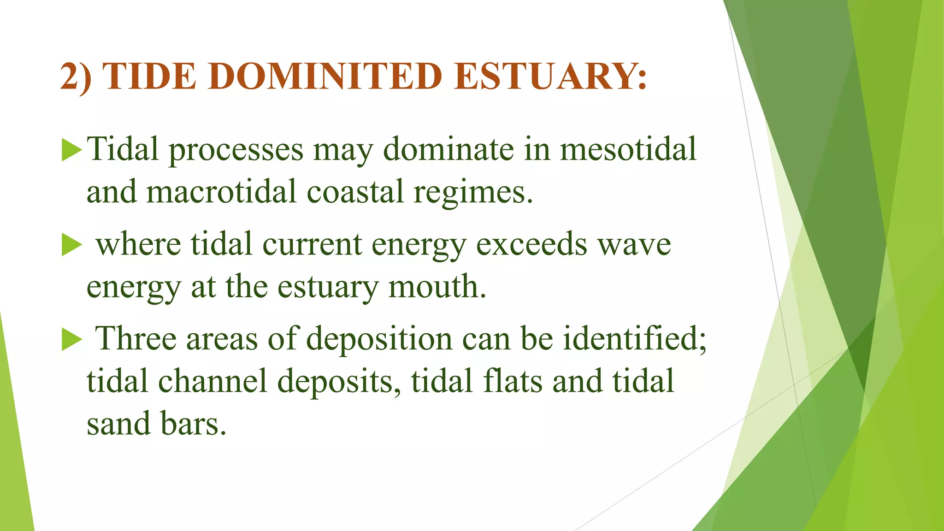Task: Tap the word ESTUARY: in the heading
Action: pos(550,77)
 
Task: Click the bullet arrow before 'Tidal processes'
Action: pos(71,150)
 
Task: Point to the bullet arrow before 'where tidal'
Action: pos(71,244)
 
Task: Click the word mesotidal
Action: pos(628,149)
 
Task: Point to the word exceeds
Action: pos(531,244)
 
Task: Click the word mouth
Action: pos(437,286)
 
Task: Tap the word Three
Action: pos(136,339)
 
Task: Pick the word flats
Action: pos(512,381)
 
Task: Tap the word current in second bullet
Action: pos(312,244)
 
